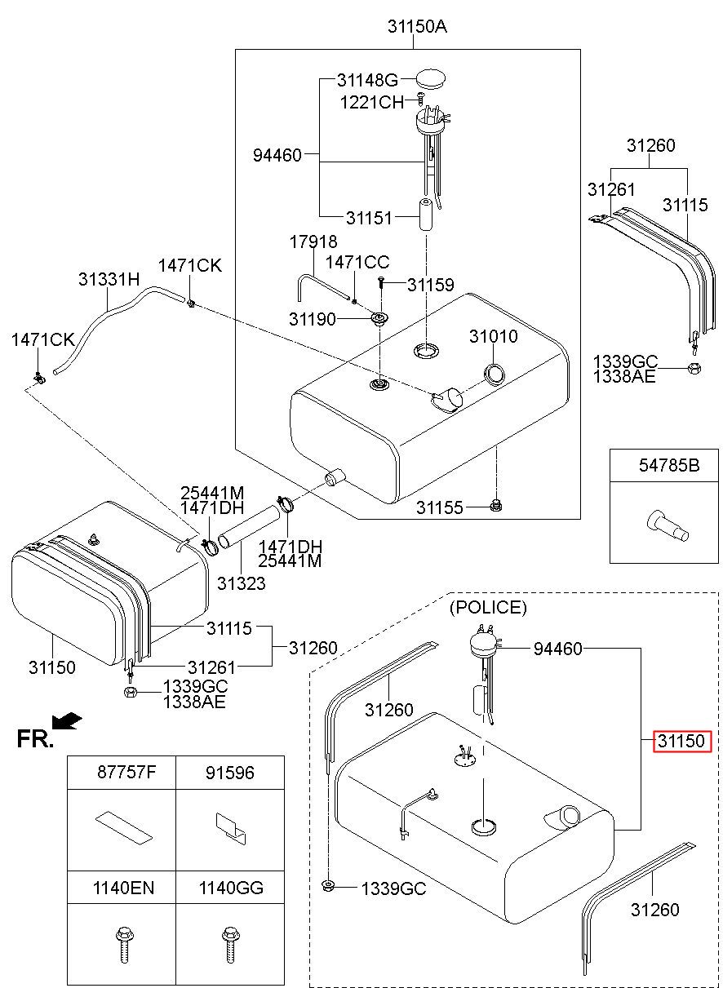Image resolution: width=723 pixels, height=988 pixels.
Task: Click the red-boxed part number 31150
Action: (681, 742)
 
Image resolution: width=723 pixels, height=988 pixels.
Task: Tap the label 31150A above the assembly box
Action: (417, 27)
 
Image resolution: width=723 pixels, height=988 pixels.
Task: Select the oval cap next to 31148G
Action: (431, 79)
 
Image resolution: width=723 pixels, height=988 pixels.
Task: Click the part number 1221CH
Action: (371, 102)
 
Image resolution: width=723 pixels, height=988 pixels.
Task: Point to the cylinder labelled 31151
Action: (425, 215)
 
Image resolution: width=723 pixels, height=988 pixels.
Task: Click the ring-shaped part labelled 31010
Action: (494, 374)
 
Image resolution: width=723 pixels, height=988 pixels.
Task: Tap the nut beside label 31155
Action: (496, 506)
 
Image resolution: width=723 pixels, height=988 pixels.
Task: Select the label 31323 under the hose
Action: (242, 583)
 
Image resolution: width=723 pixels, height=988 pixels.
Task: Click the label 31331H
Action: (109, 279)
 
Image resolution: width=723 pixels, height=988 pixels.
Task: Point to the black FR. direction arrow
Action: (66, 720)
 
